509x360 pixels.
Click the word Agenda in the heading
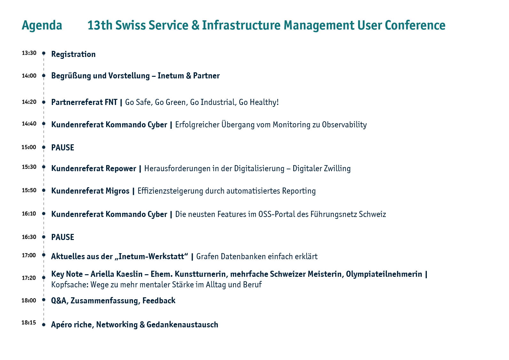click(42, 26)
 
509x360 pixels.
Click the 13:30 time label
click(29, 53)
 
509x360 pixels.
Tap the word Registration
click(74, 55)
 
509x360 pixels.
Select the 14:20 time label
click(29, 102)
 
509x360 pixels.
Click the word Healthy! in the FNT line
click(264, 103)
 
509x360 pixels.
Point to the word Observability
click(344, 125)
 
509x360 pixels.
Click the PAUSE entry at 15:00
click(63, 148)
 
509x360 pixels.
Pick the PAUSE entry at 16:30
click(63, 237)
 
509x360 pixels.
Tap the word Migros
click(117, 191)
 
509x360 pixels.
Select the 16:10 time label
click(29, 213)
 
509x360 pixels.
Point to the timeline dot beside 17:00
click(43, 255)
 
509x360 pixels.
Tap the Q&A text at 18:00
click(59, 301)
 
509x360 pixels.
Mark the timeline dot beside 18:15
click(43, 325)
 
